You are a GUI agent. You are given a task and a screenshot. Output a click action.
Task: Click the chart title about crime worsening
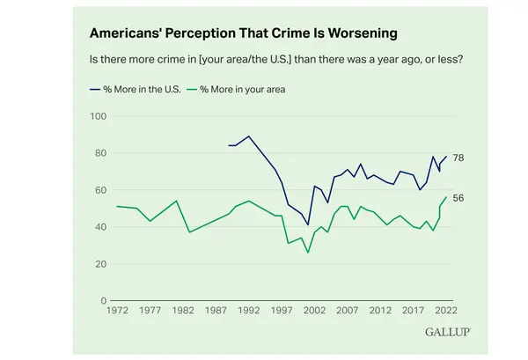(x=242, y=33)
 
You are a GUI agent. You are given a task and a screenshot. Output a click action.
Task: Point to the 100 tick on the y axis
(x=99, y=116)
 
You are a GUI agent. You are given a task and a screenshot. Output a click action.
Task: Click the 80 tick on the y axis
(x=100, y=153)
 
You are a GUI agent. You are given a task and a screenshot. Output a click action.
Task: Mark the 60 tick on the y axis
(x=100, y=190)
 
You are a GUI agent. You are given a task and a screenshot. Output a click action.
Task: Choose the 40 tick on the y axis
(x=100, y=227)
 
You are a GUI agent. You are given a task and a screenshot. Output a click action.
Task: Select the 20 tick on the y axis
(x=100, y=264)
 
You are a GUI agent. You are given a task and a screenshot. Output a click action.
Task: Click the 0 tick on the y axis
(x=103, y=301)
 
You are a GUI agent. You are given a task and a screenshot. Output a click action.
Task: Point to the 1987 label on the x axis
(x=216, y=311)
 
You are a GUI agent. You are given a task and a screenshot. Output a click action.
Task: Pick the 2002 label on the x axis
(x=314, y=311)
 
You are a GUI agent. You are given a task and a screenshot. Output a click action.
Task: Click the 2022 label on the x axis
(x=444, y=311)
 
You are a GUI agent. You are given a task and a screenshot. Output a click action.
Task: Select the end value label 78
(x=458, y=157)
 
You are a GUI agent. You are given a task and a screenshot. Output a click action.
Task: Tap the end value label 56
(x=458, y=198)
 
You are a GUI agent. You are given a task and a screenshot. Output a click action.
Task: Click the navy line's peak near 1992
(x=249, y=136)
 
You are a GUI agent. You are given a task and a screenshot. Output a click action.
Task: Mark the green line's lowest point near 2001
(x=308, y=253)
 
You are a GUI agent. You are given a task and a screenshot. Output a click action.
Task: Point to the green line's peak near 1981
(x=177, y=201)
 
